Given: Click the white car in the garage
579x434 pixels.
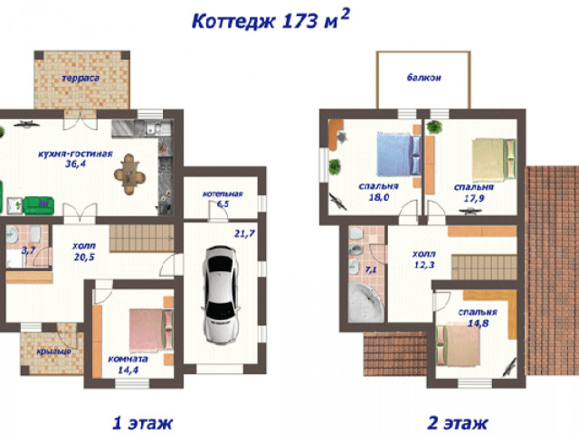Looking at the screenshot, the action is pyautogui.click(x=221, y=296).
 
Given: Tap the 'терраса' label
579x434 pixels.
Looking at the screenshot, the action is pyautogui.click(x=81, y=79).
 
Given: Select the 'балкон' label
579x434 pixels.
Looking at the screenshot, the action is pyautogui.click(x=424, y=78).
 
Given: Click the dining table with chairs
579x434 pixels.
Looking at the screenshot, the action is pyautogui.click(x=129, y=174).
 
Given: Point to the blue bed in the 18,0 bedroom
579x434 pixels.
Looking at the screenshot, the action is pyautogui.click(x=398, y=155).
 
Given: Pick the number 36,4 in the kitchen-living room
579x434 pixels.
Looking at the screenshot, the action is pyautogui.click(x=75, y=164).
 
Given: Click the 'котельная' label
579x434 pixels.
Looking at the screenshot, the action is pyautogui.click(x=223, y=193).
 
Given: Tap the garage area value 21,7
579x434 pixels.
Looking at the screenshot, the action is pyautogui.click(x=244, y=233).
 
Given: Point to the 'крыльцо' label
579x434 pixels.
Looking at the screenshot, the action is pyautogui.click(x=53, y=352).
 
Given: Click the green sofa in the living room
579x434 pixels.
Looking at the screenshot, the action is pyautogui.click(x=39, y=205).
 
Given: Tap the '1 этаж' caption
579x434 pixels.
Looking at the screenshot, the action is pyautogui.click(x=143, y=423).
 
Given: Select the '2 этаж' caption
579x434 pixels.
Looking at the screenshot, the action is pyautogui.click(x=458, y=423).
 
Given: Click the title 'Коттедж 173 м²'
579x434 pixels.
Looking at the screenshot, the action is pyautogui.click(x=271, y=19).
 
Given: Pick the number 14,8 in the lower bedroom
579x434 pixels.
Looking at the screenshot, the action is pyautogui.click(x=479, y=324).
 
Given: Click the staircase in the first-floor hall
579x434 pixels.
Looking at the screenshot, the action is pyautogui.click(x=141, y=238).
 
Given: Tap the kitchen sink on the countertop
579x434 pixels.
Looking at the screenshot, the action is pyautogui.click(x=153, y=128).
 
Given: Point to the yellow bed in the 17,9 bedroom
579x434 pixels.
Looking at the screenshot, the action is pyautogui.click(x=494, y=159).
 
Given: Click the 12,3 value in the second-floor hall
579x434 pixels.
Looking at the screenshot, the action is pyautogui.click(x=424, y=265).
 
